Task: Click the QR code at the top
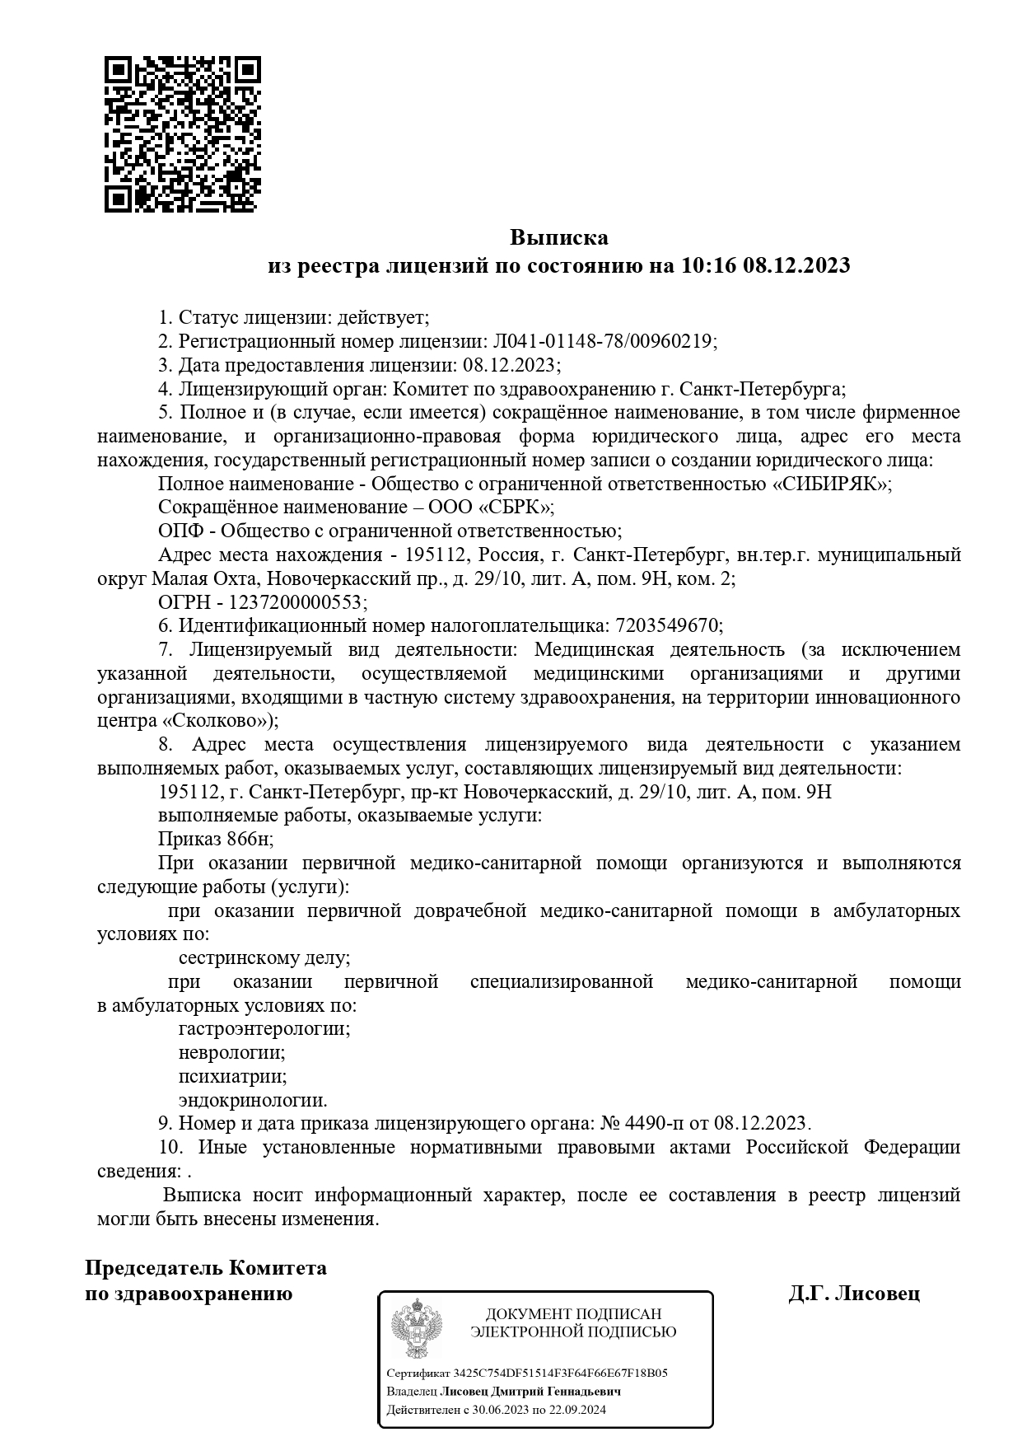tap(182, 134)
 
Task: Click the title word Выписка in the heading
tap(558, 238)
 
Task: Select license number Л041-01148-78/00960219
tap(604, 341)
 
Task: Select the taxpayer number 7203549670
tap(666, 626)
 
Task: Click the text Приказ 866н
tap(215, 840)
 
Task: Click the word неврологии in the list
tap(231, 1053)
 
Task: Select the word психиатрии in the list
tap(232, 1077)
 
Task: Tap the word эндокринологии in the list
tap(252, 1101)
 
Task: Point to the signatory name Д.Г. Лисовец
tap(854, 1294)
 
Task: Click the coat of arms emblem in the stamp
tap(415, 1329)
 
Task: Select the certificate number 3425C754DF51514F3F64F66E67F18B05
tap(560, 1373)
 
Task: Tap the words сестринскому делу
tap(264, 958)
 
